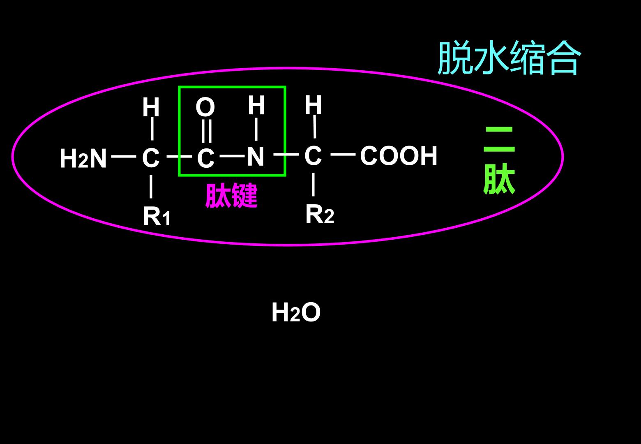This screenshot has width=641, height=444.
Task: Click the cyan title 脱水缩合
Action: pos(510,58)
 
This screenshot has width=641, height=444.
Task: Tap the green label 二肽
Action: pos(499,160)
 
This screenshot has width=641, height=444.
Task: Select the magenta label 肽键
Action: pos(231,195)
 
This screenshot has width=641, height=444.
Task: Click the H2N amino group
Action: pos(83,158)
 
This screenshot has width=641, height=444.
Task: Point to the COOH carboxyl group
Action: pos(399,155)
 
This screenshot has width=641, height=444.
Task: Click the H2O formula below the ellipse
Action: pos(296,312)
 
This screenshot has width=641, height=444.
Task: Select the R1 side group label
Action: pos(157,216)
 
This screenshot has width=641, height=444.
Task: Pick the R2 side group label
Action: pos(320,214)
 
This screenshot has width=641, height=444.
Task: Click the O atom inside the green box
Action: pos(205,107)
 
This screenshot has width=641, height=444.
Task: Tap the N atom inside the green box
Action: pos(256,156)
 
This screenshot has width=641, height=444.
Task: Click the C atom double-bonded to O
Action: pos(206,158)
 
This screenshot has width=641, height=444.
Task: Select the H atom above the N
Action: pos(256,105)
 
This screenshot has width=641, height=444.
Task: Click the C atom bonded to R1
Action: pos(151,158)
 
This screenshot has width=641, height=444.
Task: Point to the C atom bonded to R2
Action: pos(313,155)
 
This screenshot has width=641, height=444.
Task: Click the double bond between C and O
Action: pos(207,131)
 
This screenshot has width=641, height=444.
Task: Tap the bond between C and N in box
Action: pos(232,156)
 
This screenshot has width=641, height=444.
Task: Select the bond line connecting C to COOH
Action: pos(343,155)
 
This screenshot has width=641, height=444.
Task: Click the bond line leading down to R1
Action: pos(151,187)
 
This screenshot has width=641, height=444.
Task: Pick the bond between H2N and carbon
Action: pos(124,157)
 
